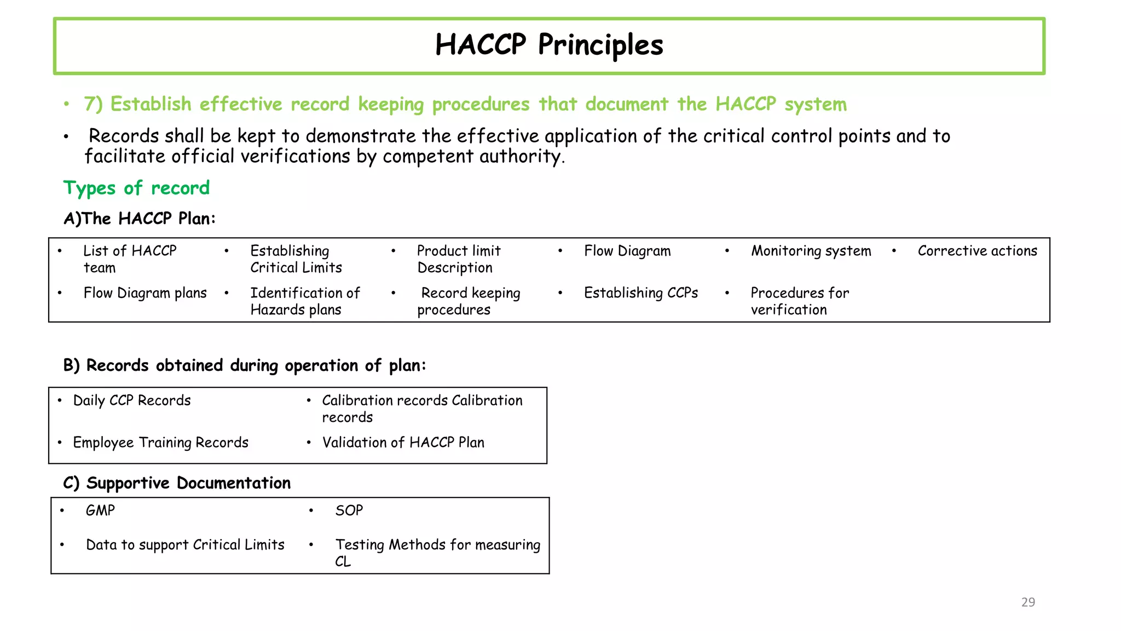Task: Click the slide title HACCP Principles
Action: coord(549,45)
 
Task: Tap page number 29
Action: coord(1028,602)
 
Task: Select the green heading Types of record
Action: coord(136,188)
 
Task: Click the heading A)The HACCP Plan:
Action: coord(140,219)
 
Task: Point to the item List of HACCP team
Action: coord(130,259)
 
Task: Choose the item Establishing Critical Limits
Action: coord(296,259)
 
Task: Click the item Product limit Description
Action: coord(458,259)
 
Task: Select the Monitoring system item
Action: coord(811,251)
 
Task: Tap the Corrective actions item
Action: coord(977,251)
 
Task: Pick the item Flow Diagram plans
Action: coord(145,293)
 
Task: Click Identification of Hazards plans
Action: coord(305,301)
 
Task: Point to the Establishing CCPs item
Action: coord(640,293)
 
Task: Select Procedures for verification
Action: coord(799,301)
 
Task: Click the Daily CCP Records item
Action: coord(132,400)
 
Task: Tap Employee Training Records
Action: coord(160,443)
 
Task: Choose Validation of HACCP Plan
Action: coord(403,443)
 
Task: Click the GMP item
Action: coord(100,510)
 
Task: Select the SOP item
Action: coord(349,510)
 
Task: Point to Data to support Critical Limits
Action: coord(185,545)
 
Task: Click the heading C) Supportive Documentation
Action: coord(177,483)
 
